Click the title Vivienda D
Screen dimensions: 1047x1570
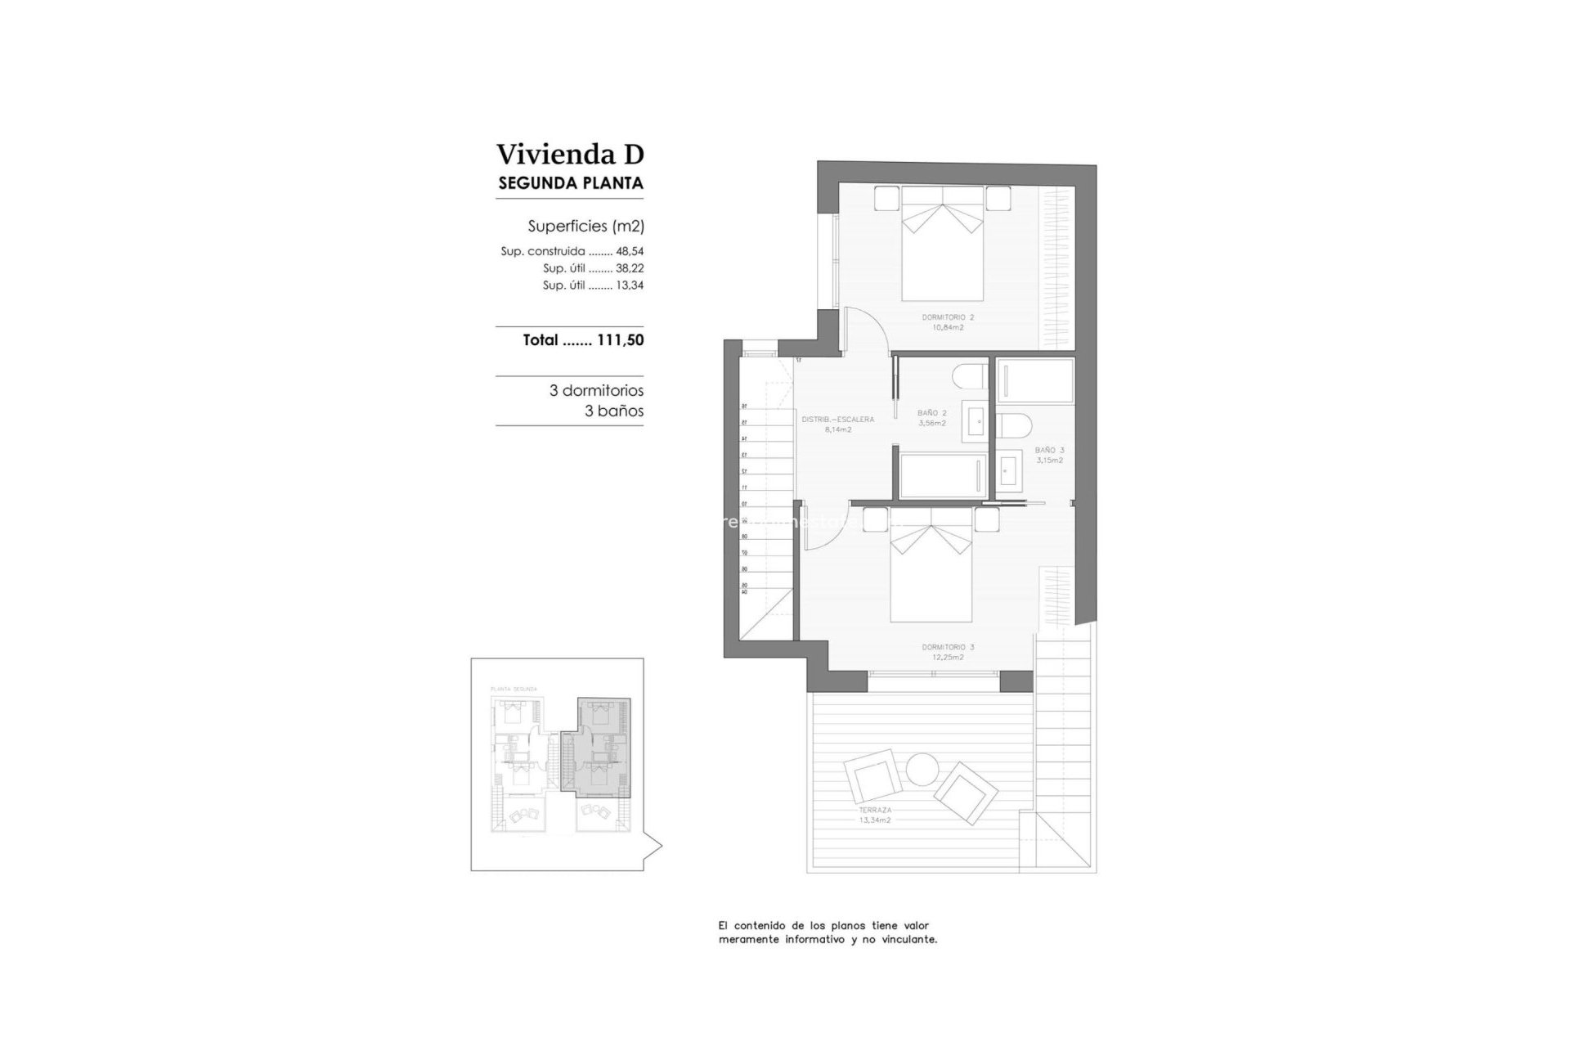point(570,154)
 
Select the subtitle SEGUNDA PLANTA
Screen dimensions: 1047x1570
point(570,183)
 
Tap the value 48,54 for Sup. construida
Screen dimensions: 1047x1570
point(630,252)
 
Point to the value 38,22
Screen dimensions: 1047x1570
point(630,268)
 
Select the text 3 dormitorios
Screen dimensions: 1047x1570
point(596,391)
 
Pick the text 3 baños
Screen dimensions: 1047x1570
point(613,411)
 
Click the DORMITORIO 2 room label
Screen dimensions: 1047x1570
point(948,317)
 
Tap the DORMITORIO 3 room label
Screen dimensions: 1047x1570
point(948,647)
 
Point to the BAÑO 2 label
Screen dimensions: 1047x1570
point(932,413)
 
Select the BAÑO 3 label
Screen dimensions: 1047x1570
point(1049,450)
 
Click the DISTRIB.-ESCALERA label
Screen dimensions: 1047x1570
point(838,420)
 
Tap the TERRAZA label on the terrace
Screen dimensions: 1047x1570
point(875,809)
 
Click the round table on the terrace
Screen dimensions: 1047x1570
point(922,770)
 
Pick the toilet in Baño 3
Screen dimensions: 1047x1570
point(1014,426)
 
